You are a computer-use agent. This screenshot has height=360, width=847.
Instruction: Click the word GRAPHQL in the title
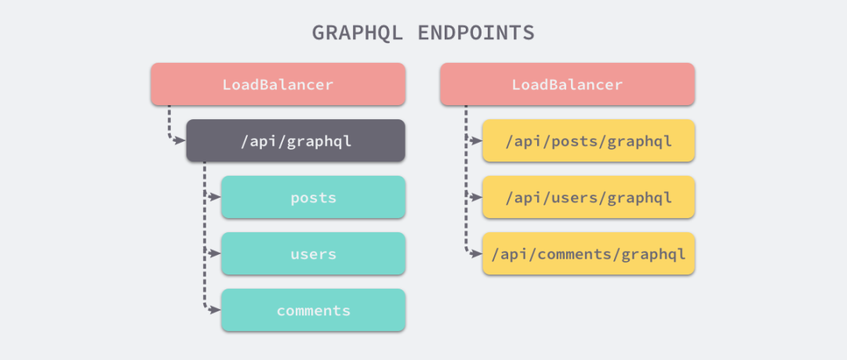click(x=357, y=33)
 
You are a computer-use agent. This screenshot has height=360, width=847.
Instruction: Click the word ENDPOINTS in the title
click(x=476, y=33)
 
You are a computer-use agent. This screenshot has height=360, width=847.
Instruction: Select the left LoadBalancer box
click(x=278, y=85)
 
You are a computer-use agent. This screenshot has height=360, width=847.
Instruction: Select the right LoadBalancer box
click(x=567, y=85)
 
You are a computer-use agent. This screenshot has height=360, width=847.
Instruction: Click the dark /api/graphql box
click(x=296, y=140)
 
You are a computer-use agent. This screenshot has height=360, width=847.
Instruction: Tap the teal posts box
click(x=313, y=198)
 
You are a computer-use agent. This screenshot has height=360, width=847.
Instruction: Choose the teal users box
click(x=313, y=253)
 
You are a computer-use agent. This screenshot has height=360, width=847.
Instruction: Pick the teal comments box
click(x=313, y=311)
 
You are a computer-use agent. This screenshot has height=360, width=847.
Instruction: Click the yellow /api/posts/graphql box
click(x=588, y=140)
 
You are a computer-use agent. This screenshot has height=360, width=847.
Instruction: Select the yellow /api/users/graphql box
click(x=588, y=198)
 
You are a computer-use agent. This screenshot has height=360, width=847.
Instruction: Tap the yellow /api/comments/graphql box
click(x=588, y=253)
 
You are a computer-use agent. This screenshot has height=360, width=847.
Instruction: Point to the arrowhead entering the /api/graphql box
click(x=180, y=140)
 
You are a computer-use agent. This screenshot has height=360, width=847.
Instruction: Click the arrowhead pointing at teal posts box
click(x=215, y=198)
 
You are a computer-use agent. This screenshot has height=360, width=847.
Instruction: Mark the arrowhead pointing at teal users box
click(x=215, y=253)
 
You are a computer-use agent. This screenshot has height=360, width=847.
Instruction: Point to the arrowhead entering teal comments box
click(x=215, y=311)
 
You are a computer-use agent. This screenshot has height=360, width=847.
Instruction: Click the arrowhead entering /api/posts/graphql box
click(x=476, y=140)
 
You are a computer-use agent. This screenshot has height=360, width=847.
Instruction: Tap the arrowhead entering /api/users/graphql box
click(x=476, y=198)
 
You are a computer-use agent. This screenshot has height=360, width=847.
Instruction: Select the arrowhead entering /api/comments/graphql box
click(x=476, y=253)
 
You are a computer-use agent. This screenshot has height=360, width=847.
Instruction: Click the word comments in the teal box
click(x=313, y=311)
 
